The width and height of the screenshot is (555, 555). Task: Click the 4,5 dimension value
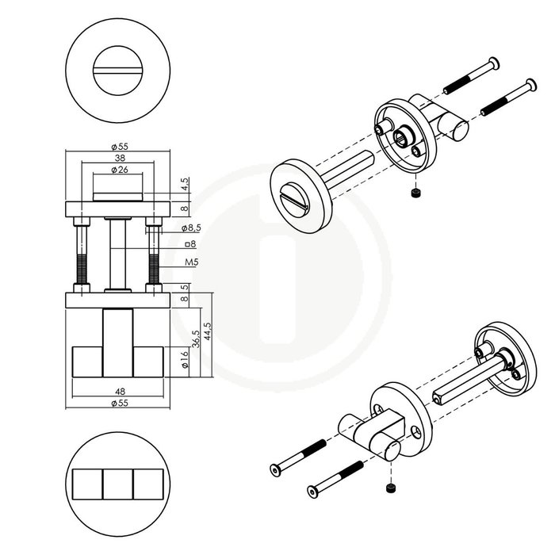coord(184,184)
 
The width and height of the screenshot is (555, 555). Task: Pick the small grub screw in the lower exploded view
coord(389,488)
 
